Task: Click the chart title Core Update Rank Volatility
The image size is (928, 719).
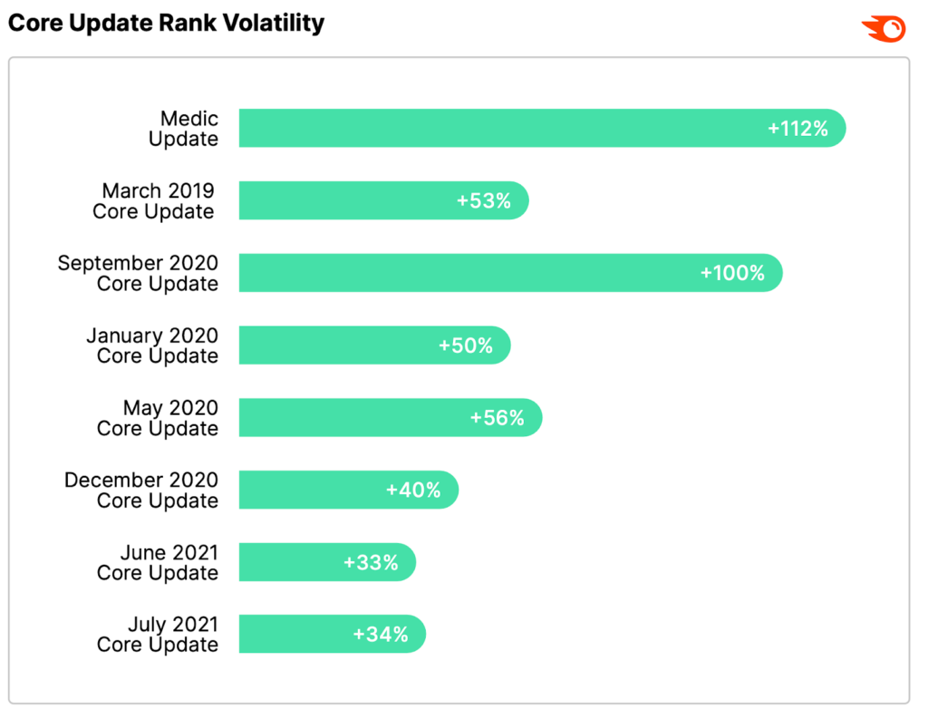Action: (x=166, y=24)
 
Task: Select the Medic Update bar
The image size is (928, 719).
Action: (x=498, y=128)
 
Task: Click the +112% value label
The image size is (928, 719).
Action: (x=797, y=128)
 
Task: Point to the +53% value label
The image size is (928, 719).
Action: (x=483, y=200)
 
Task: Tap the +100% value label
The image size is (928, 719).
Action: (x=732, y=273)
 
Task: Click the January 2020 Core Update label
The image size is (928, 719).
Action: (x=152, y=345)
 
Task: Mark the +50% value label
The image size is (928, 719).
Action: (x=466, y=345)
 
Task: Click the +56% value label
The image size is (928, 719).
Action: (x=497, y=418)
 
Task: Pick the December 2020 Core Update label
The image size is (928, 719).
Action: (x=141, y=491)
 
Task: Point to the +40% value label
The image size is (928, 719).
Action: (x=413, y=491)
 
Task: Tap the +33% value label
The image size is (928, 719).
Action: (x=371, y=562)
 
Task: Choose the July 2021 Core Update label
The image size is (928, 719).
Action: (x=158, y=634)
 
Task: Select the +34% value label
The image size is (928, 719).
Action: (x=381, y=635)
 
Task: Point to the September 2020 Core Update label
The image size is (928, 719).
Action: (x=138, y=273)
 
